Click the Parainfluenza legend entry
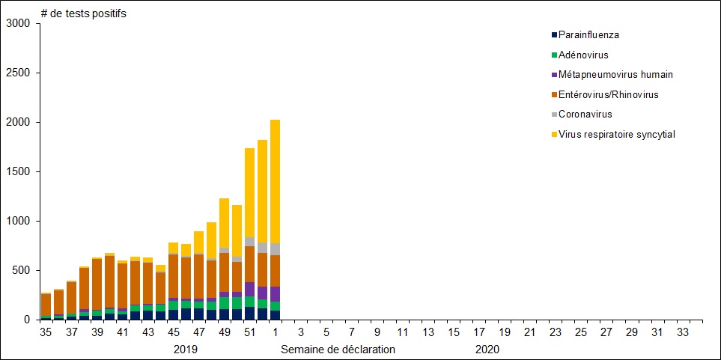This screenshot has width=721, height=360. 588,34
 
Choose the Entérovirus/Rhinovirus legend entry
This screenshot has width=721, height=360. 608,94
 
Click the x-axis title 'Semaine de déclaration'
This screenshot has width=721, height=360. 338,350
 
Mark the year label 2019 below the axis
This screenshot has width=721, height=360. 186,350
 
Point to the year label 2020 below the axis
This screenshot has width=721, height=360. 487,350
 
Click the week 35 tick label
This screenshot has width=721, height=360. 46,332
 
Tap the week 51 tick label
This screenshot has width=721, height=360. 250,332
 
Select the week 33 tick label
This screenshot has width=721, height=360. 683,332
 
